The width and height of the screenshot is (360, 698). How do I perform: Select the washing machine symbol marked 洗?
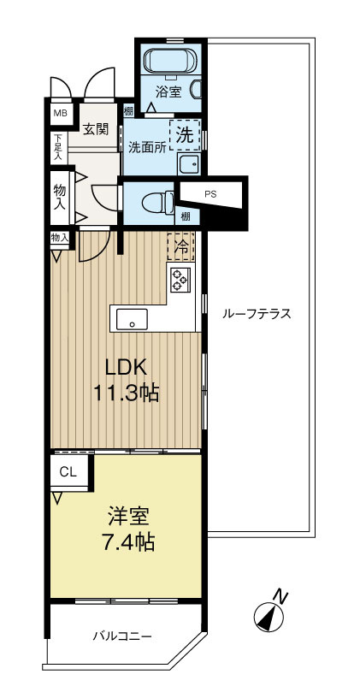point(186,133)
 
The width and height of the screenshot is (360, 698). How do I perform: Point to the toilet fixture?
point(155,202)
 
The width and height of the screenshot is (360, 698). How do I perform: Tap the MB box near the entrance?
point(61,112)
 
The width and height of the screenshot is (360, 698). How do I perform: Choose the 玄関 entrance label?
point(95,129)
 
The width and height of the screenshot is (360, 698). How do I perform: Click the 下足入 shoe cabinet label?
point(58,147)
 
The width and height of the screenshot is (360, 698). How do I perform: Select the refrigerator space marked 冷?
point(180,245)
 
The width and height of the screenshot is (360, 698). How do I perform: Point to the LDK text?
point(127,368)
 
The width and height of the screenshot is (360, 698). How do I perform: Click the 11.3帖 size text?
point(127,394)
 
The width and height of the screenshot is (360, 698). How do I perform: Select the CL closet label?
point(68,471)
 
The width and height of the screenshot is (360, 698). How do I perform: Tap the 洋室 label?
point(128,517)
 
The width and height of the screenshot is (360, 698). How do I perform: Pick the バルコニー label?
point(122,636)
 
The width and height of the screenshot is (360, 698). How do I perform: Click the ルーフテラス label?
point(257,314)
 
